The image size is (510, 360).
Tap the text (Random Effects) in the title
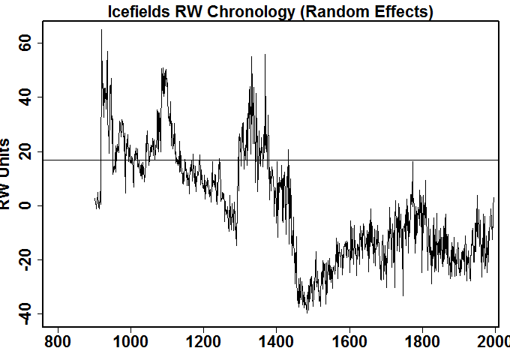click(355, 11)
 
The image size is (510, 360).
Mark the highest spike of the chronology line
click(101, 30)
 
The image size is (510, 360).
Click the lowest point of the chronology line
click(307, 312)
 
